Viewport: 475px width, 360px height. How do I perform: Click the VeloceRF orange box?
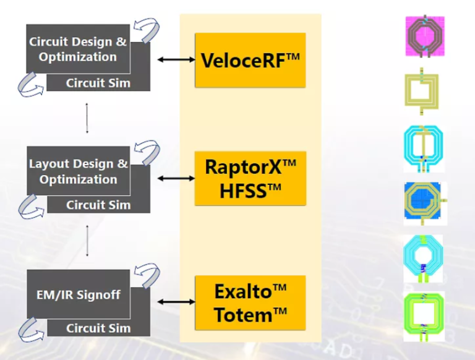point(250,60)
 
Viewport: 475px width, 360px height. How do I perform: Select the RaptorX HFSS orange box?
point(250,178)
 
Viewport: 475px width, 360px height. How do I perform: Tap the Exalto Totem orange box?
point(250,302)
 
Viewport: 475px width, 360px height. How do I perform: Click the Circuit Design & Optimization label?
point(78,49)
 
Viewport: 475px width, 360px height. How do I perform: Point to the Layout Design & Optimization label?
point(79,171)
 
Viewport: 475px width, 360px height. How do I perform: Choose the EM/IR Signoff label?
point(74,294)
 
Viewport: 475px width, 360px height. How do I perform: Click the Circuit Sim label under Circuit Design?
point(98,83)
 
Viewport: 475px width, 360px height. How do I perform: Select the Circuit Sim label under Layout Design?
point(98,205)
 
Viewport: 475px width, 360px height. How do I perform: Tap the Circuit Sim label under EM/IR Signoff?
point(98,328)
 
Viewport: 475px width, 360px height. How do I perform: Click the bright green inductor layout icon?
point(424,316)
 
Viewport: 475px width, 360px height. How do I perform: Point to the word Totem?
point(244,315)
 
